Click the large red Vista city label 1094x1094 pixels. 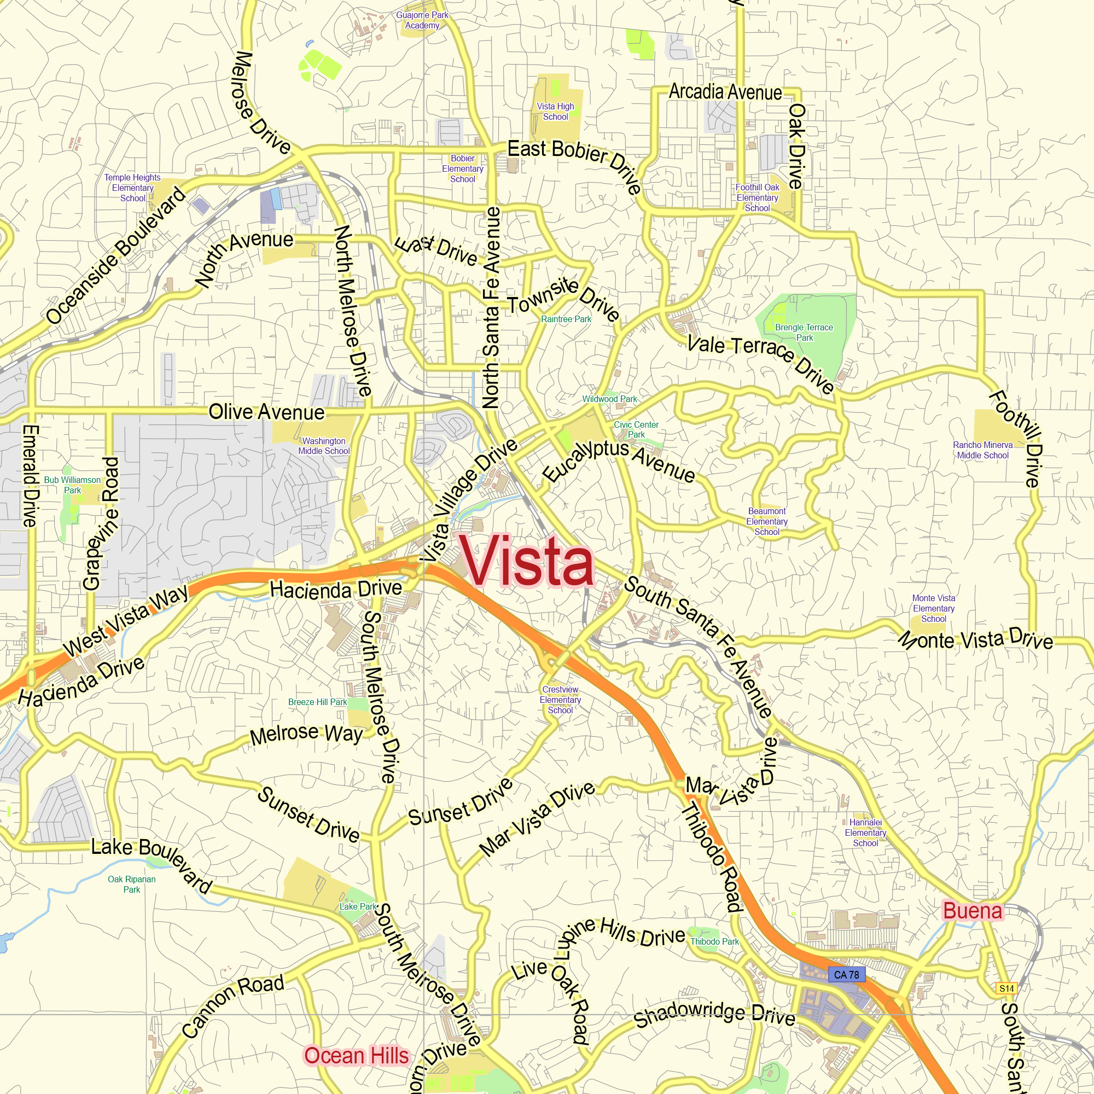[527, 561]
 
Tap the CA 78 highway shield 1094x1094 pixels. [847, 975]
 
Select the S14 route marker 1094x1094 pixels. [1006, 988]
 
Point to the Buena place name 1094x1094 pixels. [972, 911]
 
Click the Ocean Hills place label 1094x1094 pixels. [356, 1056]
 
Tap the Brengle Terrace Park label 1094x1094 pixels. [804, 333]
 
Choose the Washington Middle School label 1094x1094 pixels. [324, 446]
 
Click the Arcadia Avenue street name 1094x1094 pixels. [725, 92]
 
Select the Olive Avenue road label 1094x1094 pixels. [266, 412]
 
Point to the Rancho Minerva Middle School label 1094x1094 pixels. [982, 450]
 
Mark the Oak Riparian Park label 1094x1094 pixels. [131, 884]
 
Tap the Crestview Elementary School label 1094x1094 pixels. [560, 700]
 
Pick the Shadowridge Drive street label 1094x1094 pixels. [714, 1015]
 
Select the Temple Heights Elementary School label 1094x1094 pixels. [132, 188]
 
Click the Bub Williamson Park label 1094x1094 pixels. [73, 485]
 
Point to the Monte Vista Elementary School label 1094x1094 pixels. [933, 608]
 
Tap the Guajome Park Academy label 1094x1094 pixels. [422, 20]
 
